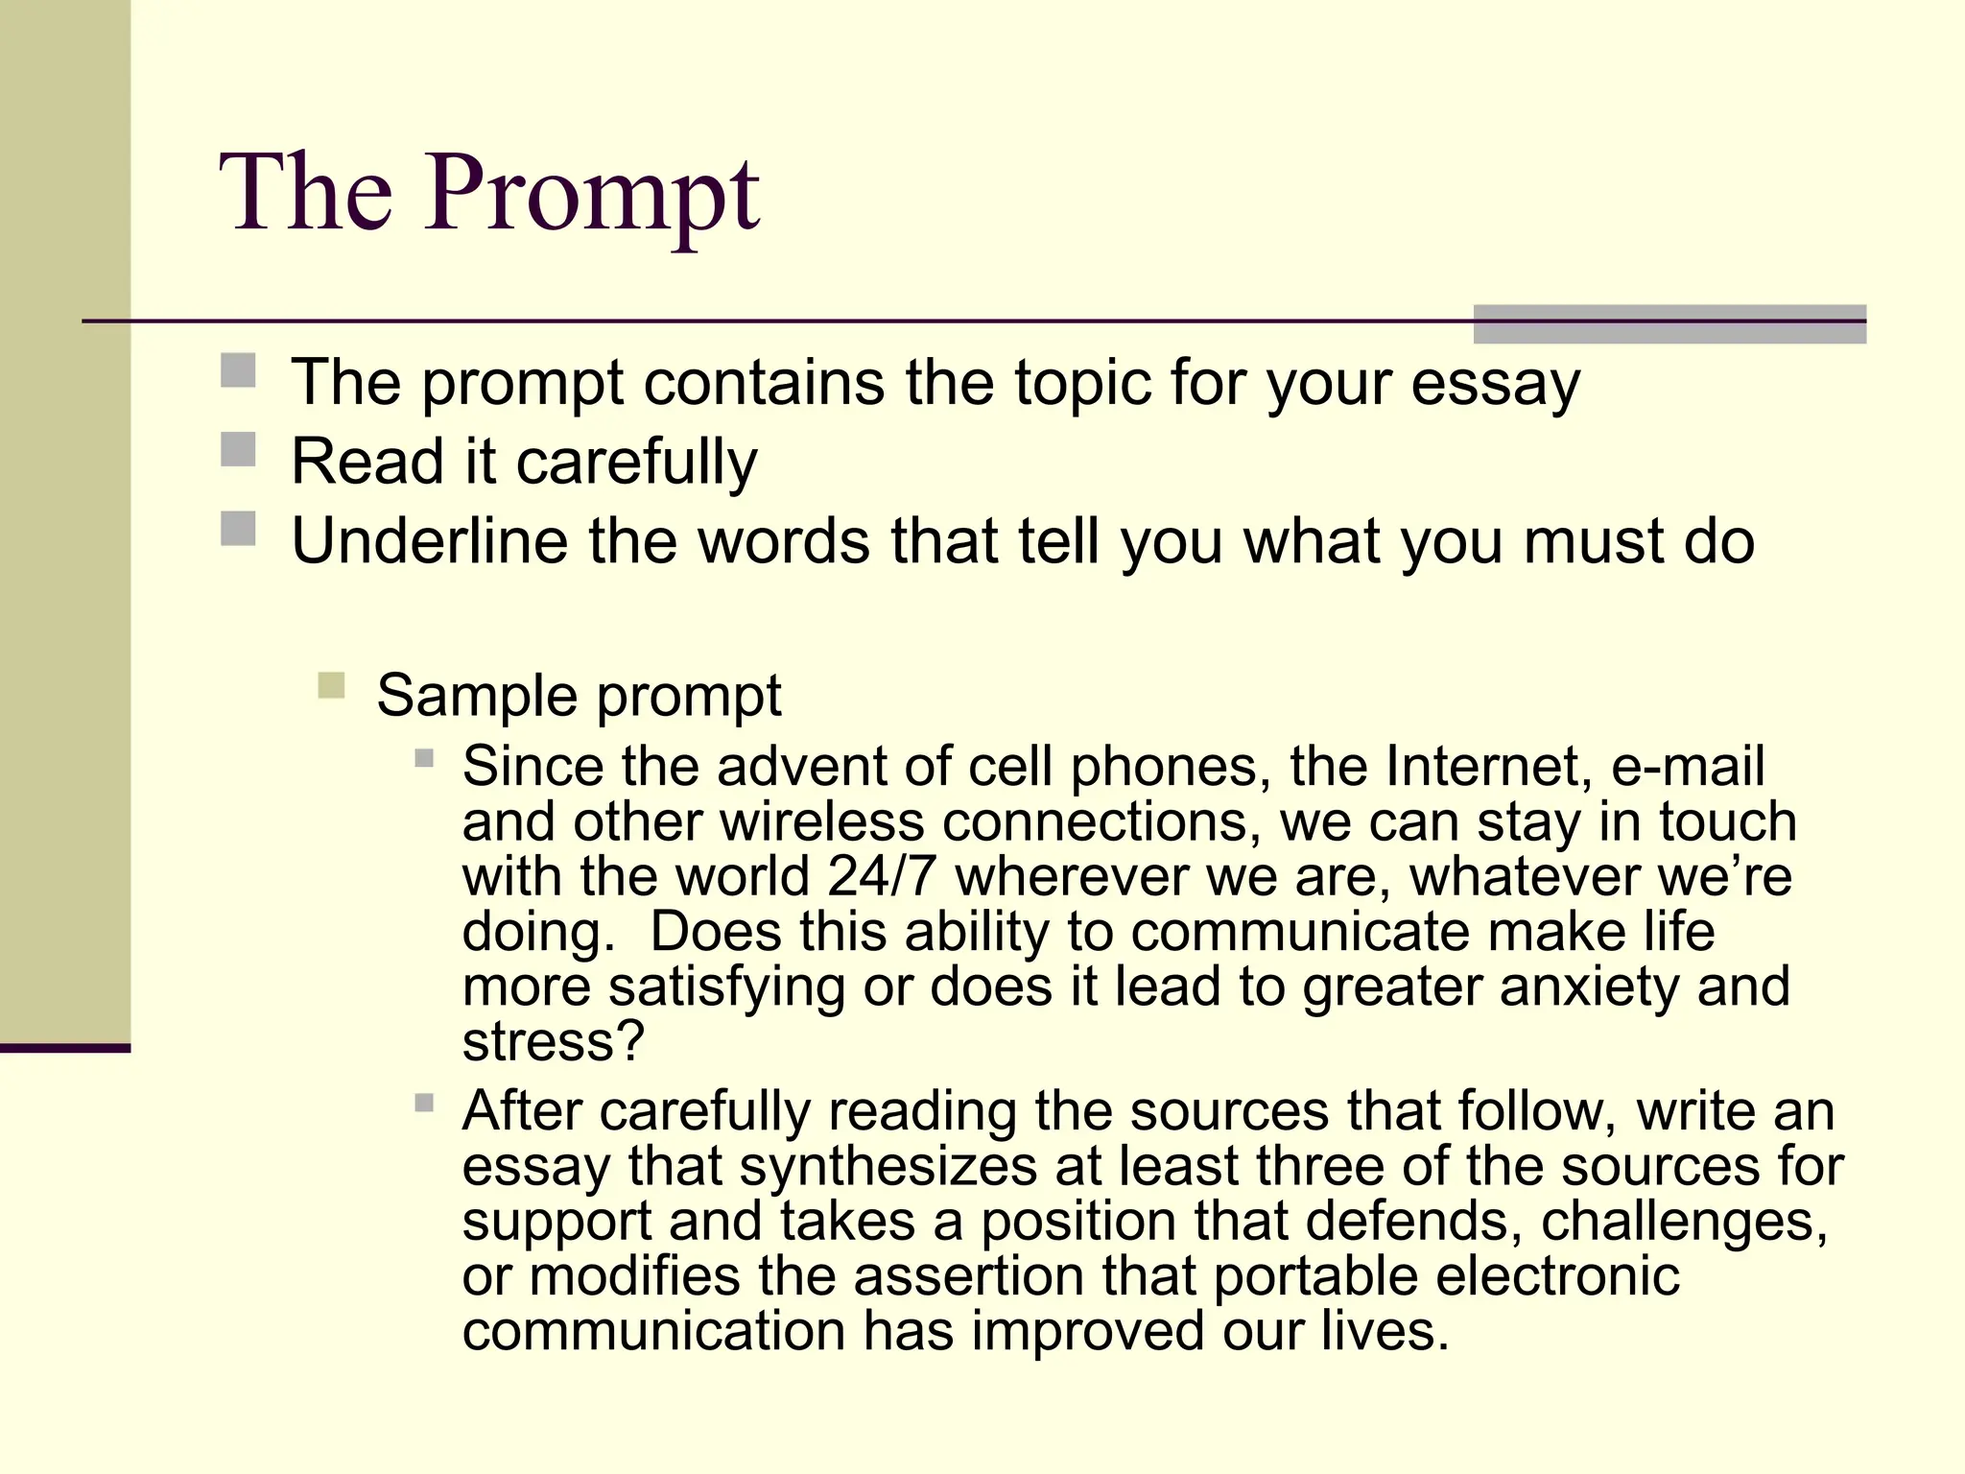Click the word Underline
coord(430,542)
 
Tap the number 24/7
coord(881,877)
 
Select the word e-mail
coord(1688,767)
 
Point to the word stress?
coord(553,1042)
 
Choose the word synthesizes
coord(888,1167)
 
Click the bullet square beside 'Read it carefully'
coord(238,449)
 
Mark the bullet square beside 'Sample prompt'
coord(331,685)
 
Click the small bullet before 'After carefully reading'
coord(424,1103)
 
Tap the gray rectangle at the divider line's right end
coord(1669,323)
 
